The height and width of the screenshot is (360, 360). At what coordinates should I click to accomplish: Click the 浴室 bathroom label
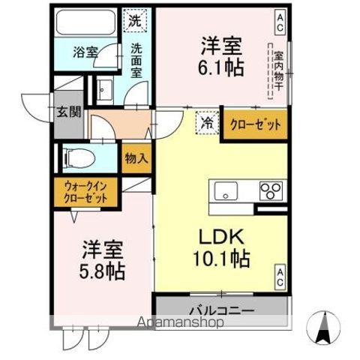point(85,52)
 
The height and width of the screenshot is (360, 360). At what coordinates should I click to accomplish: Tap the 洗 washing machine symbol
point(134,21)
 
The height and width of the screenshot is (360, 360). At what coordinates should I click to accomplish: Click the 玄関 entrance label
point(67,112)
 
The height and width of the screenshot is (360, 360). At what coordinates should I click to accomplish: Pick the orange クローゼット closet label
point(255,124)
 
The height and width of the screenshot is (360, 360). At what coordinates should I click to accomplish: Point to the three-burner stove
point(268,191)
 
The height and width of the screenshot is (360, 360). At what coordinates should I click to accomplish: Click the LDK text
point(220,236)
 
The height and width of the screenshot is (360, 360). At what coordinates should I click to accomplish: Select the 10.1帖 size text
point(220,259)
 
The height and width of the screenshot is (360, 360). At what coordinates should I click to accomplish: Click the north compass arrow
point(325,325)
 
